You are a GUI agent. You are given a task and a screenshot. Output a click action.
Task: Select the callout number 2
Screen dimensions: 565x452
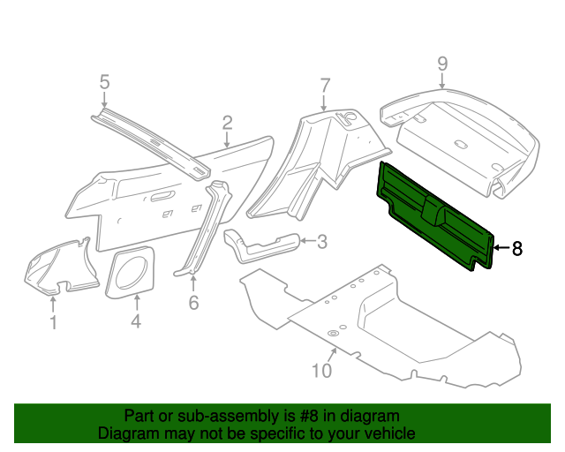227,123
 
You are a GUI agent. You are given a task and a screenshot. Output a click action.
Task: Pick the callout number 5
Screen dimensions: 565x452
104,82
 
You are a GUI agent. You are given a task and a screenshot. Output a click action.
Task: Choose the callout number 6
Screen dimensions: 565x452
193,303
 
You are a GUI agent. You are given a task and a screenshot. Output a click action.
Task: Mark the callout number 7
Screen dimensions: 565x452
325,86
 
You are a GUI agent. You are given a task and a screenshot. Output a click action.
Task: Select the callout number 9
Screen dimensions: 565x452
442,63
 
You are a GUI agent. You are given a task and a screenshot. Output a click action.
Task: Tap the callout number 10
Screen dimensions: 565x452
321,370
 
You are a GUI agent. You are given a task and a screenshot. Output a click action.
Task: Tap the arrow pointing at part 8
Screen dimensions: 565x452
501,249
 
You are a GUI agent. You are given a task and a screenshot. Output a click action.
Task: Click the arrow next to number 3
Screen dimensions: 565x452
304,240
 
